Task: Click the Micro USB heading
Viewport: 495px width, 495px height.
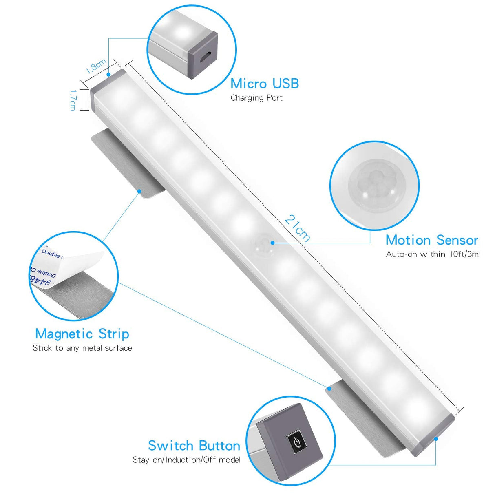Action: (265, 84)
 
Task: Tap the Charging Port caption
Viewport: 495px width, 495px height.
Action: (256, 98)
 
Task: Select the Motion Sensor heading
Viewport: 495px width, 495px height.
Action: (432, 240)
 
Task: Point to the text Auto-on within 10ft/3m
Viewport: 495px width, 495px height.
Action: (432, 254)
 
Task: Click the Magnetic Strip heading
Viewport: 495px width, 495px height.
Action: (82, 334)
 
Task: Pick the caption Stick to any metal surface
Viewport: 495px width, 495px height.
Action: (82, 348)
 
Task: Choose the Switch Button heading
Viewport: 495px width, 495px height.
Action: (194, 446)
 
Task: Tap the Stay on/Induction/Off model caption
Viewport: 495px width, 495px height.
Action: (187, 460)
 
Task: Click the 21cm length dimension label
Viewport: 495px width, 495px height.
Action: (297, 228)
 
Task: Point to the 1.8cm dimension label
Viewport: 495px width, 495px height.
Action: (96, 66)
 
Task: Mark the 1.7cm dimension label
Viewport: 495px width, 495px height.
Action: (73, 100)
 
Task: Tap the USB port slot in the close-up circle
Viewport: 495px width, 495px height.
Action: (208, 55)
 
